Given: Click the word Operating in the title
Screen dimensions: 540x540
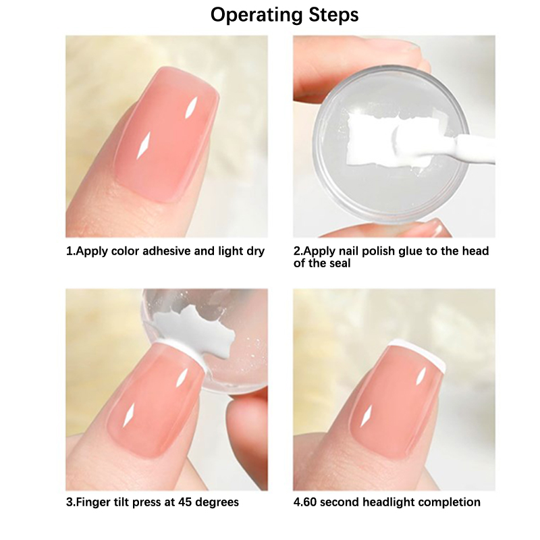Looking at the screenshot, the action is pyautogui.click(x=257, y=16).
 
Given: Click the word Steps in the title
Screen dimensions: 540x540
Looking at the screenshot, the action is pyautogui.click(x=333, y=15).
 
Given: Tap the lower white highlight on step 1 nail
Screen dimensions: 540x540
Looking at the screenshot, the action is pyautogui.click(x=143, y=145).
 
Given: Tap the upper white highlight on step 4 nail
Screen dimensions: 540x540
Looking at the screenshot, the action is pyautogui.click(x=421, y=376).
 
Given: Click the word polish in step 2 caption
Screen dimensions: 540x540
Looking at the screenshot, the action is pyautogui.click(x=379, y=251).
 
